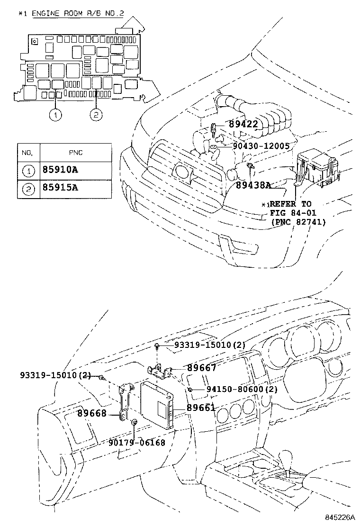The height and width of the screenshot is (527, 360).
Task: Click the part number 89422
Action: click(243, 125)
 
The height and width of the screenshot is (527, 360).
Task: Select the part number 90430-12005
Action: click(261, 146)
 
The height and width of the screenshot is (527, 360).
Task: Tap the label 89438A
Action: click(254, 185)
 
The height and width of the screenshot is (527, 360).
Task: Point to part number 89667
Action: click(201, 368)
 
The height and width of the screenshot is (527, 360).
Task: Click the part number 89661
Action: click(201, 408)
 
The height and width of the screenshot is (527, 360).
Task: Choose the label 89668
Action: click(92, 414)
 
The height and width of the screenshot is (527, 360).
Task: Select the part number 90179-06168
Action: click(136, 443)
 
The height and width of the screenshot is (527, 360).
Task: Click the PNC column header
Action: click(75, 153)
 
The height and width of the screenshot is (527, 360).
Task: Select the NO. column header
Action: click(27, 153)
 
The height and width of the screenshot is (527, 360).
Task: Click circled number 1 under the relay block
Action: click(56, 115)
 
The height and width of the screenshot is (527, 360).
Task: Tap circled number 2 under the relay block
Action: click(95, 115)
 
